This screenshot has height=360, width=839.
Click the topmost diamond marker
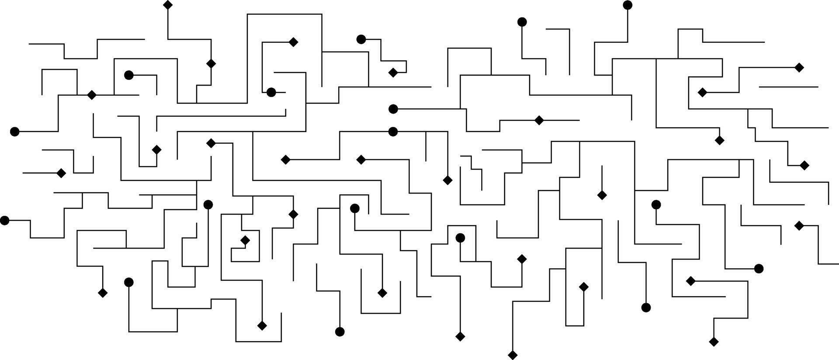click(168, 5)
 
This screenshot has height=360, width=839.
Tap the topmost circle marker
click(628, 5)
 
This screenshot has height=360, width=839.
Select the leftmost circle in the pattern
click(4, 221)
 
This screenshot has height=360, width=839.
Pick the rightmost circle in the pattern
click(759, 269)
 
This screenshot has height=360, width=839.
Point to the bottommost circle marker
click(340, 332)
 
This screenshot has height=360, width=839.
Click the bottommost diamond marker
click(513, 355)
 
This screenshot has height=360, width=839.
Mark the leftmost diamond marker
click(61, 173)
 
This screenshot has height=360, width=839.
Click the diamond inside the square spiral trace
click(245, 240)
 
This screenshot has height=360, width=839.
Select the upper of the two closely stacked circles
click(393, 109)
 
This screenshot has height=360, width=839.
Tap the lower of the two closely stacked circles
click(393, 132)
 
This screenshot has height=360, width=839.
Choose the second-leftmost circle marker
click(14, 132)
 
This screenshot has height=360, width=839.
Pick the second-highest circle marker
click(522, 22)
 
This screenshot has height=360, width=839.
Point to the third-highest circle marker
click(361, 39)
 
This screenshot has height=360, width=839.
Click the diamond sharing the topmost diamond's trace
click(211, 64)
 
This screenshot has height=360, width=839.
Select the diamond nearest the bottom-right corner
click(714, 342)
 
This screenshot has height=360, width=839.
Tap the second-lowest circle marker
click(646, 308)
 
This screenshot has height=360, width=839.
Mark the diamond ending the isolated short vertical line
click(602, 195)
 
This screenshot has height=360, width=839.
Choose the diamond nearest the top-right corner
click(799, 67)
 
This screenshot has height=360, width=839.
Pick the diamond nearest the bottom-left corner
click(103, 293)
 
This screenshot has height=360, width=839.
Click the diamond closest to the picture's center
click(447, 180)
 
